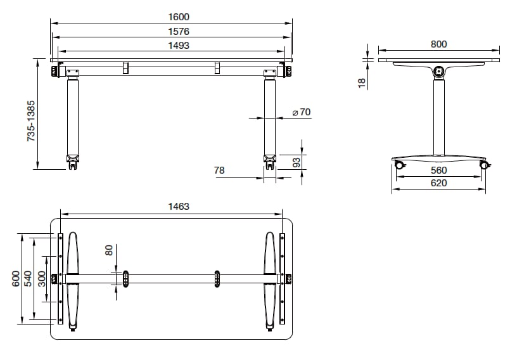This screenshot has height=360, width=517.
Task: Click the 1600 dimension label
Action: click(179, 17)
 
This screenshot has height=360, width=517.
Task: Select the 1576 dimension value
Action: click(179, 31)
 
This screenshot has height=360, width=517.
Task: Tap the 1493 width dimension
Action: click(179, 45)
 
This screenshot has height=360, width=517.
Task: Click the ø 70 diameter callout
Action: click(301, 112)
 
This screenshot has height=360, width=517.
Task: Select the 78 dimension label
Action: click(219, 170)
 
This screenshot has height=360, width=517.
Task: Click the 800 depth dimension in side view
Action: click(438, 44)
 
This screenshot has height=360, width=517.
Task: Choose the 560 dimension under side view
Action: click(438, 170)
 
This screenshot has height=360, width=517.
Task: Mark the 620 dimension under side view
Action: click(438, 183)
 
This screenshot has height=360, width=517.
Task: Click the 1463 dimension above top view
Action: click(179, 206)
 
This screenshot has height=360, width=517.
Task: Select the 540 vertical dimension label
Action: click(29, 279)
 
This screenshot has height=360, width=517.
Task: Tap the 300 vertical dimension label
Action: click(42, 279)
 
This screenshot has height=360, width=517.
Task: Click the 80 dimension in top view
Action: click(109, 250)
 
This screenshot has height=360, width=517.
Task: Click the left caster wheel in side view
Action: click(400, 165)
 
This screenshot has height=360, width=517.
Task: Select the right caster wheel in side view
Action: click(485, 165)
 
